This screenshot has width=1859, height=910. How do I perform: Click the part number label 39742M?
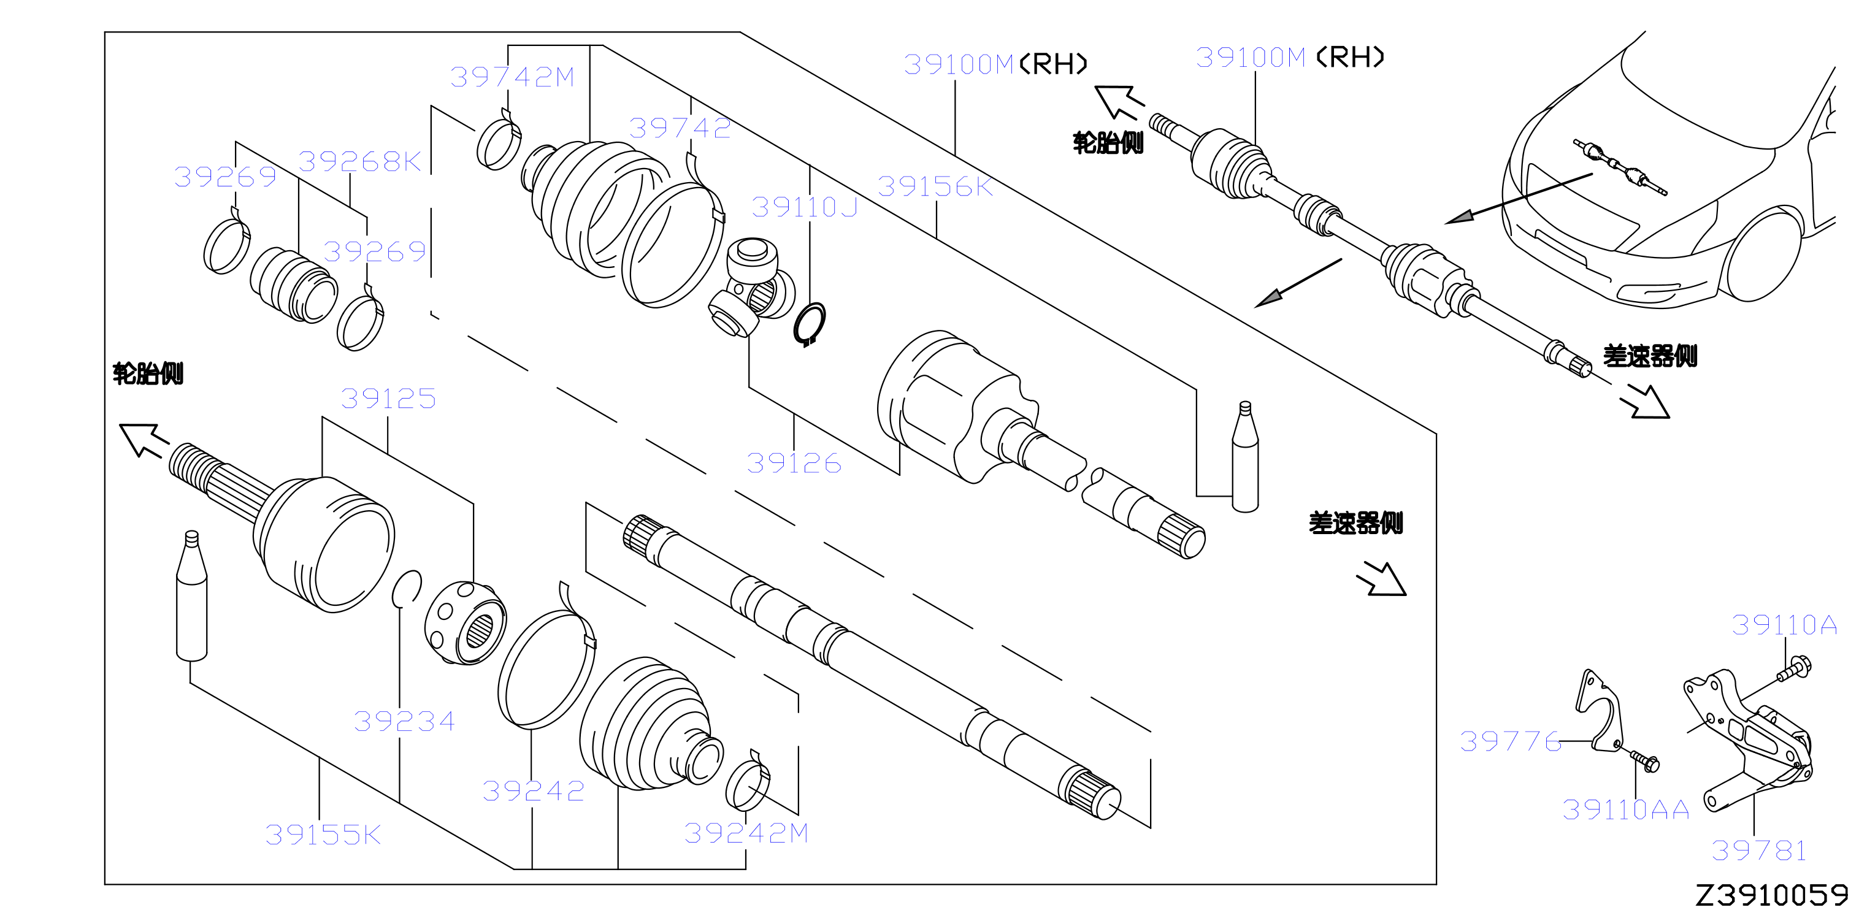[512, 77]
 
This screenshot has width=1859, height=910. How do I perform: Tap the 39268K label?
[359, 161]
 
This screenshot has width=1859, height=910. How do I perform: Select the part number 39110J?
[804, 207]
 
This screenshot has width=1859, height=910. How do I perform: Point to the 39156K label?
[935, 186]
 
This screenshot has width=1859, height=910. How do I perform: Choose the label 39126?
[794, 462]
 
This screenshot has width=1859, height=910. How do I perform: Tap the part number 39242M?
[745, 833]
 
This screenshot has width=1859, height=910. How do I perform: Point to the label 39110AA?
[1625, 809]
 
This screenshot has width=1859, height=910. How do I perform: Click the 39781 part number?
[1758, 850]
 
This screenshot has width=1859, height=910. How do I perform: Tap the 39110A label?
[1784, 624]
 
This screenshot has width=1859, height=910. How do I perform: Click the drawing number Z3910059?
[1771, 895]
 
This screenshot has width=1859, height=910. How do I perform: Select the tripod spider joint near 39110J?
[751, 287]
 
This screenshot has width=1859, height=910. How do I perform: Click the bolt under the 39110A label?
[1793, 669]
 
